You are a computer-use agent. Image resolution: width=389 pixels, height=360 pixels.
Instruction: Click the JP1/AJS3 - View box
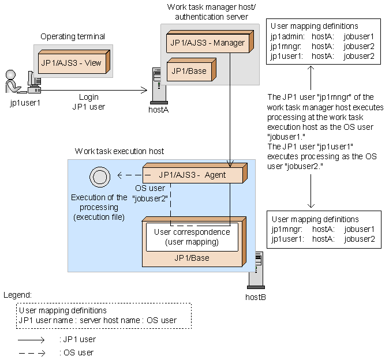pos(73,62)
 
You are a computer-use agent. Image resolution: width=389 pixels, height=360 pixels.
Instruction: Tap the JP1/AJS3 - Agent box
pos(193,175)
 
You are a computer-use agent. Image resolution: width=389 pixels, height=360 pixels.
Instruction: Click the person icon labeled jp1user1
pos(12,82)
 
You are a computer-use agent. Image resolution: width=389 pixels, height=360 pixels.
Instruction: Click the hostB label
pos(255,297)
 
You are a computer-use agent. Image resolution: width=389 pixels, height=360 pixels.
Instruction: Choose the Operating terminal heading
pos(73,36)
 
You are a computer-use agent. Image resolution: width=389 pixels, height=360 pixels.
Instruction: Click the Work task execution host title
pos(119,151)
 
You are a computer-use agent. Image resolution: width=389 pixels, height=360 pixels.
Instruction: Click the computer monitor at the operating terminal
pos(33,78)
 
